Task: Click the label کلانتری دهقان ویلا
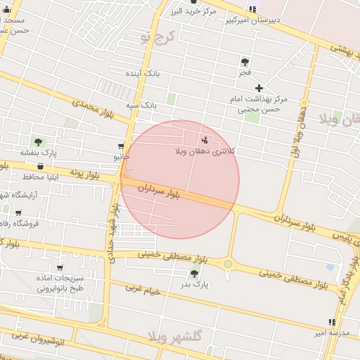tap(205, 151)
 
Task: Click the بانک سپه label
tap(141, 105)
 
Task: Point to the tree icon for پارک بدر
tap(194, 274)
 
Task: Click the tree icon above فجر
tap(245, 62)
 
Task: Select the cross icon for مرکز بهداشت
tap(259, 88)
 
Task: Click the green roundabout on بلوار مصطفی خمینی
tap(229, 264)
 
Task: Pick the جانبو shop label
tap(122, 157)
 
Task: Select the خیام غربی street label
tap(143, 290)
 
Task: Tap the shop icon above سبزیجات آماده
tap(60, 267)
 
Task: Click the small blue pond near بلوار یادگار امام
tap(330, 268)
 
